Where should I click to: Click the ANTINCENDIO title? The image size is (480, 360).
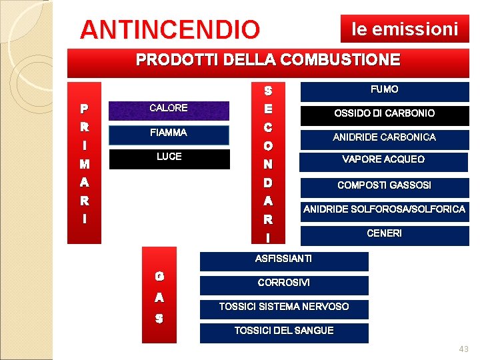pyautogui.click(x=170, y=29)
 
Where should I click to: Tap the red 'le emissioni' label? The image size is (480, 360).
pyautogui.click(x=405, y=29)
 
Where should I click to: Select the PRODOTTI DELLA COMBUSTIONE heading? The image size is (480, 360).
pyautogui.click(x=268, y=60)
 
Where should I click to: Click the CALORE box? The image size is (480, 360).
pyautogui.click(x=169, y=109)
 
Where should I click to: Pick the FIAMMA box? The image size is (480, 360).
pyautogui.click(x=169, y=134)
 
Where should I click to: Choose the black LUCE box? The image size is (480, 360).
pyautogui.click(x=169, y=158)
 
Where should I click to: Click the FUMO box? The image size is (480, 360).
pyautogui.click(x=385, y=91)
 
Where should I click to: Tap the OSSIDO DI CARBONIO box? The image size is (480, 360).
pyautogui.click(x=385, y=115)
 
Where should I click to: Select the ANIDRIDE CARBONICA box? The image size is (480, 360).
pyautogui.click(x=385, y=138)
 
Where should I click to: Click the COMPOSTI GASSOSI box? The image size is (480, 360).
pyautogui.click(x=385, y=186)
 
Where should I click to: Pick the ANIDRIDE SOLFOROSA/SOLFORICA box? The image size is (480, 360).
pyautogui.click(x=385, y=211)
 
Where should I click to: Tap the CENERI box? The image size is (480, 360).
pyautogui.click(x=385, y=235)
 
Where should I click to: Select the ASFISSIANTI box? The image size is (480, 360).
pyautogui.click(x=284, y=260)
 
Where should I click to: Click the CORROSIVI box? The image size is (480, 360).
pyautogui.click(x=284, y=284)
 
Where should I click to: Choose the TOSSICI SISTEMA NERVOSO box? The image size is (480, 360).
pyautogui.click(x=284, y=308)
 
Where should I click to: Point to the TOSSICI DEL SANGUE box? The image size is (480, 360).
pyautogui.click(x=284, y=332)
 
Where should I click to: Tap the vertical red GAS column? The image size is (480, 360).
pyautogui.click(x=159, y=295)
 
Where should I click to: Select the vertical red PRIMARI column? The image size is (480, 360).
pyautogui.click(x=85, y=162)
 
